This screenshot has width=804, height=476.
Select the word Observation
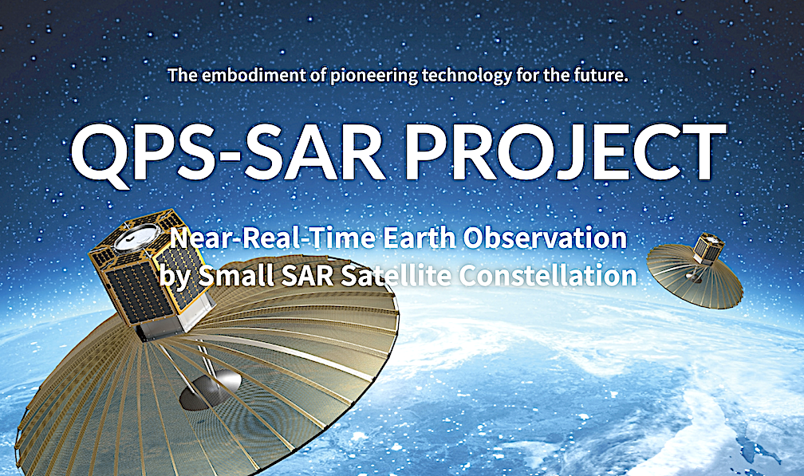tap(545, 238)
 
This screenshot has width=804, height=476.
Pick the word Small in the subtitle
tap(236, 276)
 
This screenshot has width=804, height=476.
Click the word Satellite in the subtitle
tap(396, 276)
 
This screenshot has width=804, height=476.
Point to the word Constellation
tap(548, 276)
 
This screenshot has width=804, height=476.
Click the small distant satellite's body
tap(709, 249)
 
